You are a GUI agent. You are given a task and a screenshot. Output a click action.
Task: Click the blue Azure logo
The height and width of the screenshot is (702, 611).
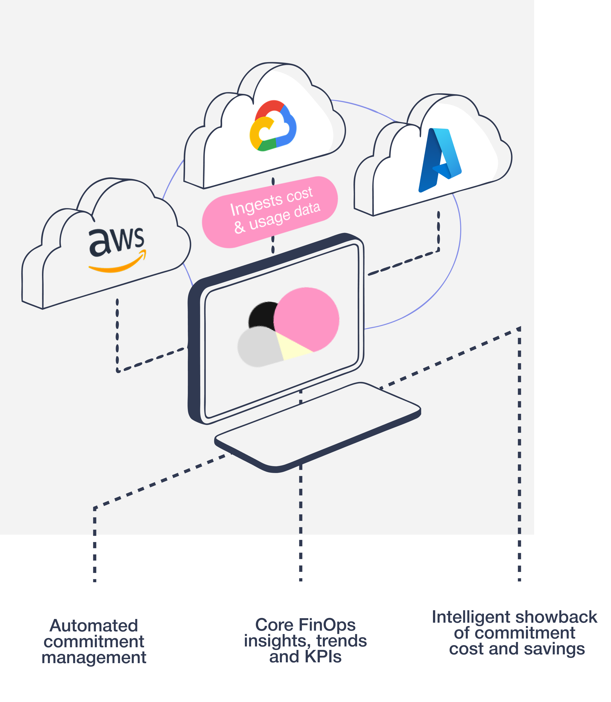tap(440, 160)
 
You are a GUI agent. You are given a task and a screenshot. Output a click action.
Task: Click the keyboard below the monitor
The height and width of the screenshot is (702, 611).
tap(317, 426)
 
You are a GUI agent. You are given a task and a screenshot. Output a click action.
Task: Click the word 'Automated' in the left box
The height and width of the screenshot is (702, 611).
tap(94, 626)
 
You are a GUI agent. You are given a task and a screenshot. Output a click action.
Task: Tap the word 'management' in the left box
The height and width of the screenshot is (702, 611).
tap(94, 657)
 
